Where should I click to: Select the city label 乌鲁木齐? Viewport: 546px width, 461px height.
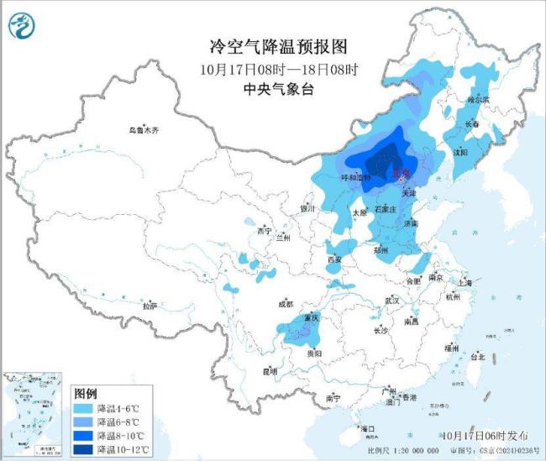click(x=144, y=131)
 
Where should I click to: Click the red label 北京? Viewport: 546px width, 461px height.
click(x=402, y=174)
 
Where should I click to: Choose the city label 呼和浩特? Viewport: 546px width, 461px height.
click(x=355, y=178)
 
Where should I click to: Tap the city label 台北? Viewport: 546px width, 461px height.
click(x=476, y=357)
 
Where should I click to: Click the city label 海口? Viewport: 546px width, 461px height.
click(x=366, y=428)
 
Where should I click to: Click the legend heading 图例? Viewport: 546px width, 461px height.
click(x=86, y=393)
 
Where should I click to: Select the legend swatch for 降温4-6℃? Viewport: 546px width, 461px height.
click(x=84, y=408)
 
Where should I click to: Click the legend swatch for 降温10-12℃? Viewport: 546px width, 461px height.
click(x=84, y=450)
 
